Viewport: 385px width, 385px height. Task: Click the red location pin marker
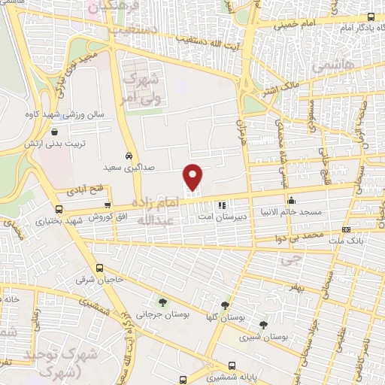click(x=193, y=177)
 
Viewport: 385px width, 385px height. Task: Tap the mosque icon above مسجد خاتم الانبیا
click(x=292, y=202)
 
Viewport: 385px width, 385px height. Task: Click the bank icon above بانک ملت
click(x=345, y=229)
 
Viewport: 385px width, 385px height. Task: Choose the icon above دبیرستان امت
click(x=221, y=205)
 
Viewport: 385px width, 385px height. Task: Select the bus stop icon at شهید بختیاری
click(x=59, y=210)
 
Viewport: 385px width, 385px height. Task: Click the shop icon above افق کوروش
click(x=108, y=205)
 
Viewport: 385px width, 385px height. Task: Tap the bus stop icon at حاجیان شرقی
click(x=100, y=268)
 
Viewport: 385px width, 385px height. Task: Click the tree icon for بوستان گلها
click(x=225, y=305)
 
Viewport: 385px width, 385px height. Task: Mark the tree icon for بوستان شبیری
click(x=262, y=325)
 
